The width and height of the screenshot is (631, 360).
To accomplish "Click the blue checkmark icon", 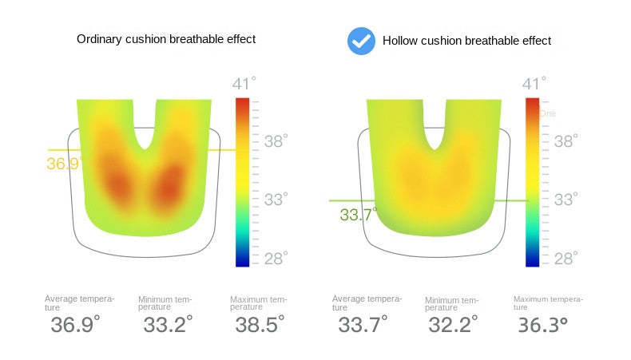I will tap(361, 40).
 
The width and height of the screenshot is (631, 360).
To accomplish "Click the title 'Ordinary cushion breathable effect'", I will tap(166, 39).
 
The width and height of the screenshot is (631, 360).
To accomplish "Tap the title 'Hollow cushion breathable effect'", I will tap(466, 40).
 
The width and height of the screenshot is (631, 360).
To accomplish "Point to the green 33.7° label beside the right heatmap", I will tap(358, 215).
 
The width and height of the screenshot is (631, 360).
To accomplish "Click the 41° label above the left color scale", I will tap(244, 85).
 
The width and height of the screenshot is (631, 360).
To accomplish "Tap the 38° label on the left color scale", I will tap(276, 141).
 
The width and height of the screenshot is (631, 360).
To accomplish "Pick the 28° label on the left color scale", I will tap(276, 258).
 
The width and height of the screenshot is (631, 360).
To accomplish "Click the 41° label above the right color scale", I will tap(534, 85).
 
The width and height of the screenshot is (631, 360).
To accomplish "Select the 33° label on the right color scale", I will tap(566, 200).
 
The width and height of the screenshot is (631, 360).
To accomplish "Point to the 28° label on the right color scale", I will tap(566, 258).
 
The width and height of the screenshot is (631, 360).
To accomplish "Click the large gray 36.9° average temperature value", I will tap(75, 325).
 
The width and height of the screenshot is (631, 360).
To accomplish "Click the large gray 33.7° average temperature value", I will tap(363, 325).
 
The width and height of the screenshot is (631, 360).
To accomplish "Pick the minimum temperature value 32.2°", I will tap(452, 325).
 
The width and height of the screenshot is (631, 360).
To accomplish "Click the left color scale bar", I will tap(242, 182).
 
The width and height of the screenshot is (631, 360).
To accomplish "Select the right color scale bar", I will tap(532, 182).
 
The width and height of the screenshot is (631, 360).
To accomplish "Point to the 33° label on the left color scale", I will tap(276, 200).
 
